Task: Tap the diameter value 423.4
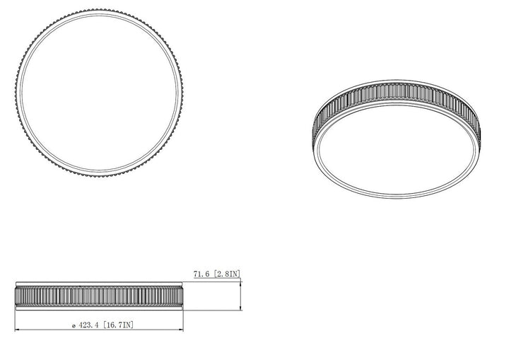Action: [89, 325]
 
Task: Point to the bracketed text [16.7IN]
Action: [118, 325]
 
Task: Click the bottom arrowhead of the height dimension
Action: [241, 308]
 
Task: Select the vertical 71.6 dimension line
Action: [241, 295]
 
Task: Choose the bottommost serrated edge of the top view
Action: [98, 175]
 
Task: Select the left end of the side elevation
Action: [16, 295]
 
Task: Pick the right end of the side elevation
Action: [183, 295]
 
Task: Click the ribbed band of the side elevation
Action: [99, 296]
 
